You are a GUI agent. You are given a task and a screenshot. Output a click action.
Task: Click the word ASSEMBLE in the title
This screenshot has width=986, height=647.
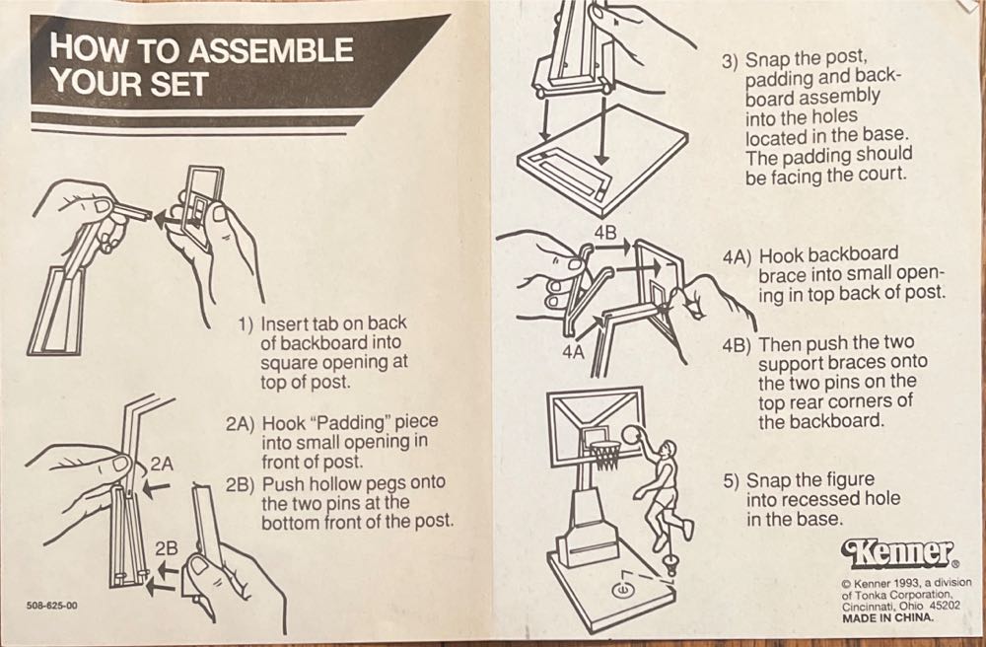271,49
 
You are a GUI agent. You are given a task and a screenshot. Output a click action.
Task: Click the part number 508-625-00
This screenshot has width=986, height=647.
52,607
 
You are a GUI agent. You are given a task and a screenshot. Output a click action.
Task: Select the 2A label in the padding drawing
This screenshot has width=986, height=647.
162,465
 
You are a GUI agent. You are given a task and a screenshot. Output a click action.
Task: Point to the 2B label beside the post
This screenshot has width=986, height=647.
167,549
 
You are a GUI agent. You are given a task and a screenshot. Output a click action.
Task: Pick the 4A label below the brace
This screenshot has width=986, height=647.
574,353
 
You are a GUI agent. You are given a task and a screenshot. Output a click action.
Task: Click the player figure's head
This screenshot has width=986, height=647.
669,449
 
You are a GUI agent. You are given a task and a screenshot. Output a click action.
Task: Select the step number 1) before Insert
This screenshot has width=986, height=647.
246,325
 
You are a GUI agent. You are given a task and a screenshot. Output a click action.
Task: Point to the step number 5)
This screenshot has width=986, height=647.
732,482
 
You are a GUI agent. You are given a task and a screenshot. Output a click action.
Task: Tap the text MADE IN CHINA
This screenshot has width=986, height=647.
888,617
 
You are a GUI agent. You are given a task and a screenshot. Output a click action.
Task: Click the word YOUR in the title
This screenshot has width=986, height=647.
87,83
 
